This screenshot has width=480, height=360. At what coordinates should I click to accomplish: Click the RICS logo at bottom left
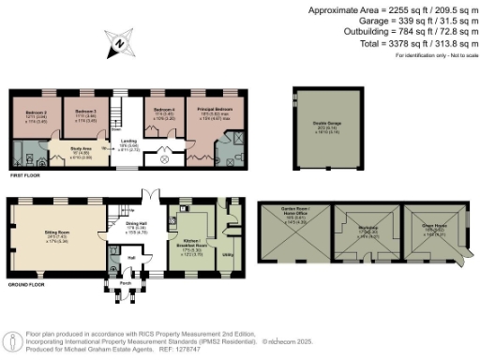click(13, 340)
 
